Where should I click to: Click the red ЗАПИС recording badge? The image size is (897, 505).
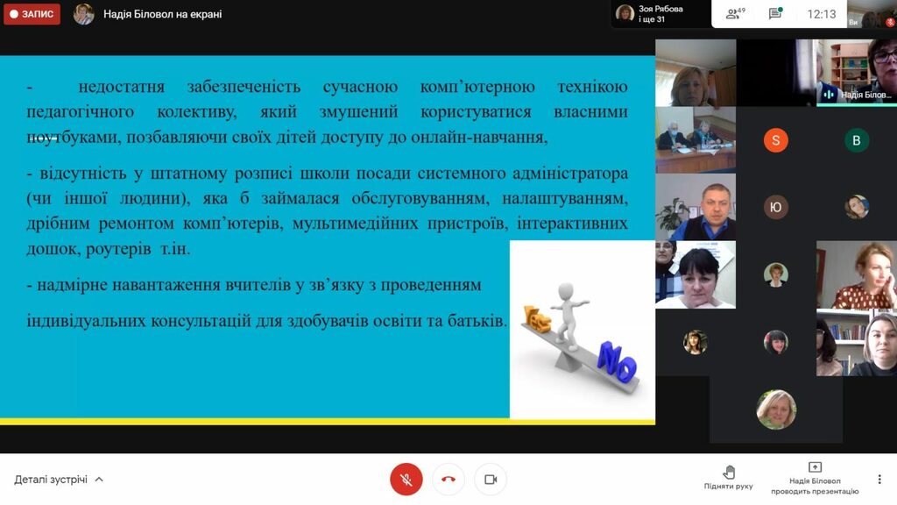tap(32, 14)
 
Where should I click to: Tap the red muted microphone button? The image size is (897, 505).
tap(406, 480)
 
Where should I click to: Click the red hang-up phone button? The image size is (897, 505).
tap(448, 480)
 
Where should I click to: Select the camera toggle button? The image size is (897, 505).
tap(491, 480)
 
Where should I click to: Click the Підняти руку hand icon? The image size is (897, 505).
tap(729, 473)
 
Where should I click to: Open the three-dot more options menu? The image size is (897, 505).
tap(879, 480)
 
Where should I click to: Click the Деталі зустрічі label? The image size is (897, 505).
tap(51, 480)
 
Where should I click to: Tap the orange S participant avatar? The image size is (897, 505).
tap(776, 140)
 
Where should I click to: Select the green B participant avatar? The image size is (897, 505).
tap(857, 140)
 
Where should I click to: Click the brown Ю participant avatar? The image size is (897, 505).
tap(776, 207)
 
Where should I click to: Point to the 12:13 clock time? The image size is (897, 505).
tap(822, 14)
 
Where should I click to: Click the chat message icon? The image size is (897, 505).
tap(775, 14)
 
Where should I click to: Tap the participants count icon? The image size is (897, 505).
tap(735, 14)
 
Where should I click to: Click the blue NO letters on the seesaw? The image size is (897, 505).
tap(617, 362)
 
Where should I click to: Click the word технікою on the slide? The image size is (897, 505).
tap(593, 87)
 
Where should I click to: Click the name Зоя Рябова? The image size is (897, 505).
tap(660, 9)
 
